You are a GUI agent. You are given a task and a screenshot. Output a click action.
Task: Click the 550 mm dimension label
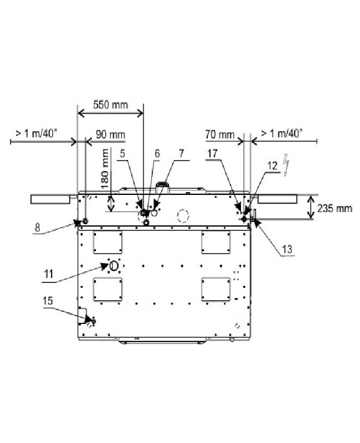click(x=110, y=105)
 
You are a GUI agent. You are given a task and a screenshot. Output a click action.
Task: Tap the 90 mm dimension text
click(x=110, y=135)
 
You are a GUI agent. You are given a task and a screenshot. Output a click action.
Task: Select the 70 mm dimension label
click(x=220, y=135)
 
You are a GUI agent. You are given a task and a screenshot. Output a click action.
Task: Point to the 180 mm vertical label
click(x=105, y=169)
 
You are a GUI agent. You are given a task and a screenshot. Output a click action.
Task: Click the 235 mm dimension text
click(x=335, y=209)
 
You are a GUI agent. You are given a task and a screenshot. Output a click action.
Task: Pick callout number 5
click(x=122, y=154)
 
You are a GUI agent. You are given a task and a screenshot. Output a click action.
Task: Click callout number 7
click(x=182, y=154)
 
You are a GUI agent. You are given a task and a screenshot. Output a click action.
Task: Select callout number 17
click(x=213, y=154)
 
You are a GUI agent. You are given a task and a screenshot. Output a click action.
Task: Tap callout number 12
click(x=272, y=166)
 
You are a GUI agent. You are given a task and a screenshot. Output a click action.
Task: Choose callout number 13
click(x=287, y=249)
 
